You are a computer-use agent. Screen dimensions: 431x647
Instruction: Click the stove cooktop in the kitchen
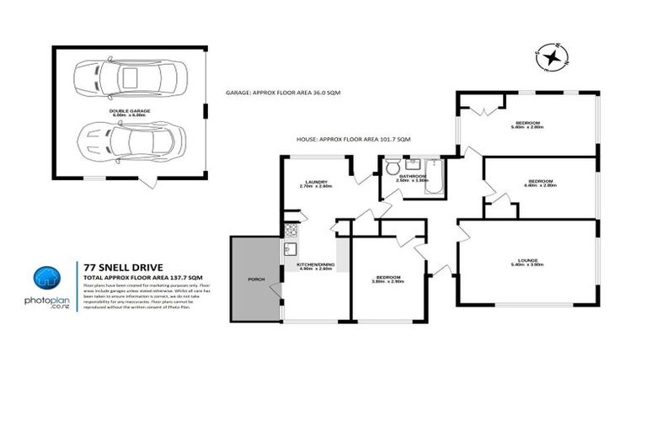289,229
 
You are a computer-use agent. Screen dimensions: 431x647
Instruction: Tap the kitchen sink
289,248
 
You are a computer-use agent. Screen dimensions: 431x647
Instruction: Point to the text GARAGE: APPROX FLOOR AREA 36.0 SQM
283,93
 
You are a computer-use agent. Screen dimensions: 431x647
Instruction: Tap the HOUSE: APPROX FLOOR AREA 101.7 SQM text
353,139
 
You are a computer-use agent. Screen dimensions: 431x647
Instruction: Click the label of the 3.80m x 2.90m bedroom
388,279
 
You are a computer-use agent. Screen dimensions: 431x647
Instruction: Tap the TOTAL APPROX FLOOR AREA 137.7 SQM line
142,276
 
